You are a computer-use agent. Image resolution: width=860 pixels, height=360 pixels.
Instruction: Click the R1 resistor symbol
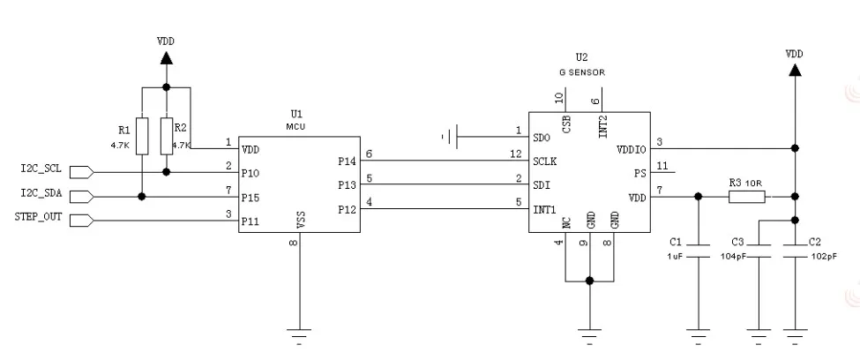[142, 136]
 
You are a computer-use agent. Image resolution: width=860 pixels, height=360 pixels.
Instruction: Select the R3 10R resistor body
[747, 197]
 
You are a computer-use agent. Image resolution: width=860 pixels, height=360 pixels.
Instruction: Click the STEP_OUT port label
[38, 217]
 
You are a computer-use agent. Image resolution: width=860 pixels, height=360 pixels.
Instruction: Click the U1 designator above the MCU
[296, 114]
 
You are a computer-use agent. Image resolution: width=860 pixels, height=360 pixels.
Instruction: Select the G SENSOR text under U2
[582, 72]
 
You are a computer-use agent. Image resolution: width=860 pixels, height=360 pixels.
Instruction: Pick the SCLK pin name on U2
[544, 161]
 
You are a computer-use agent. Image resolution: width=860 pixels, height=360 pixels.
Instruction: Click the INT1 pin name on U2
[544, 209]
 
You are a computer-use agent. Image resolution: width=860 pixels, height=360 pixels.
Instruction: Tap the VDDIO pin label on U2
[631, 149]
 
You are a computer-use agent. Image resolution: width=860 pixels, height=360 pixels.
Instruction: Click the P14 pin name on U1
[347, 161]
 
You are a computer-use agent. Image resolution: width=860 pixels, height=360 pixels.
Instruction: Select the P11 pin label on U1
[251, 221]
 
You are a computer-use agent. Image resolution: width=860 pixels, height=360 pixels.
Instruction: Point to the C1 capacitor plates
[699, 251]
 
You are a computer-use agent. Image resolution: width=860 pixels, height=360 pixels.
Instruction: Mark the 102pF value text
[824, 256]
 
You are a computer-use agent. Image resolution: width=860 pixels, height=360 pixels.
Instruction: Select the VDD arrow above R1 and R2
[166, 57]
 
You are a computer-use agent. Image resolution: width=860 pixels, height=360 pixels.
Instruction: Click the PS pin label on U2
[639, 174]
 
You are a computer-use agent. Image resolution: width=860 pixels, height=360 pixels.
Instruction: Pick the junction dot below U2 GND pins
[589, 281]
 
